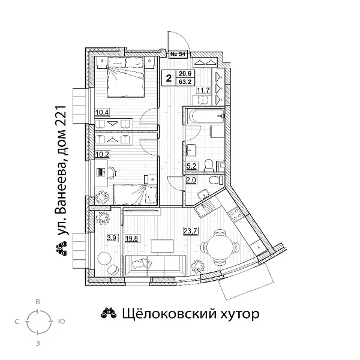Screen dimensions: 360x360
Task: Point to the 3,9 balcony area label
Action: pos(111,238)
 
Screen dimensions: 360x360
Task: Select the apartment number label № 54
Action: pos(179,54)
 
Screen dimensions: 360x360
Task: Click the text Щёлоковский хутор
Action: pos(190,313)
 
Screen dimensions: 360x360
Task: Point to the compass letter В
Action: pos(38,301)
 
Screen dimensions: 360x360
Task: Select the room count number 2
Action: pos(169,77)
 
